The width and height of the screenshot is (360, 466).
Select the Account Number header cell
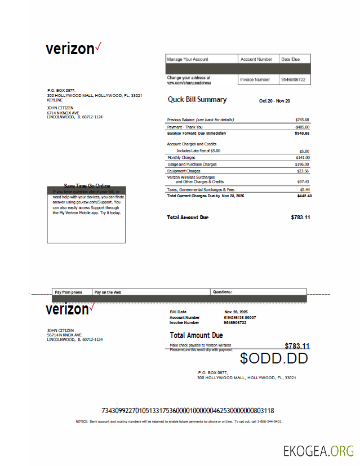click(256, 59)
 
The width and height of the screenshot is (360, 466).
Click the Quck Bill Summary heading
click(197, 100)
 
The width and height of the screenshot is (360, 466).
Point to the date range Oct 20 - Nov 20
click(274, 101)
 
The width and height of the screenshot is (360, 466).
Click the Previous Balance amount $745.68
click(302, 120)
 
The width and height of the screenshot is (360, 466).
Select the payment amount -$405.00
click(301, 127)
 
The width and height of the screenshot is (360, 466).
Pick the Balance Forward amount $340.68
click(302, 134)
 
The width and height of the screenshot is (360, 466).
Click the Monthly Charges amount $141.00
click(302, 158)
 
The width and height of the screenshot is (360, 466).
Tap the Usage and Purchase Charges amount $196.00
click(302, 165)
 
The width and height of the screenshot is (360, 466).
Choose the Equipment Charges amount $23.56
click(303, 171)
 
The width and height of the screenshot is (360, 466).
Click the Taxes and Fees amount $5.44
click(304, 190)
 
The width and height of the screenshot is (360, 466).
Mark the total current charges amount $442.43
click(304, 196)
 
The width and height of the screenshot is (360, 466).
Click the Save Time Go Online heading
click(87, 186)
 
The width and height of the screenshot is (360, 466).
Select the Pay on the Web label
click(108, 292)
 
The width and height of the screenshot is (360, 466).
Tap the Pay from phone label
click(68, 292)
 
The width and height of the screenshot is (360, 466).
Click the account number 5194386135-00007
click(239, 317)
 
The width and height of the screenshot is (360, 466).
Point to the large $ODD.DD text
click(274, 358)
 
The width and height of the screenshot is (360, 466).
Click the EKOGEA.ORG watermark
click(318, 451)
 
